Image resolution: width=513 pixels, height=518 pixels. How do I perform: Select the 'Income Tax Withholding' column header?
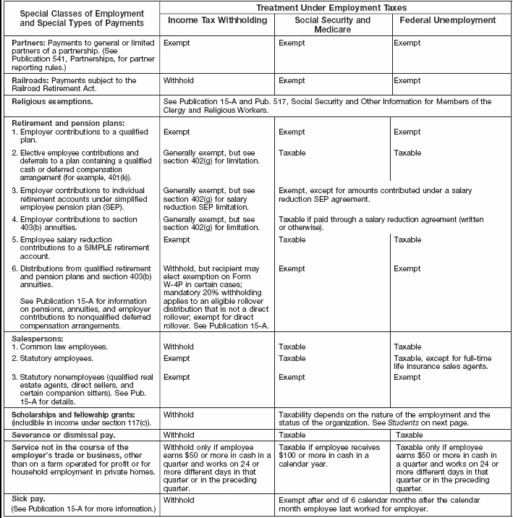tap(217, 20)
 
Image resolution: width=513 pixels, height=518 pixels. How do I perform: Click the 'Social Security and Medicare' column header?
tap(333, 25)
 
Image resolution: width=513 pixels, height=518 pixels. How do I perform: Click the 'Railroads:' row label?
tap(33, 80)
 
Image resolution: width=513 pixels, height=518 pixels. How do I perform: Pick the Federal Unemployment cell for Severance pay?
tap(409, 436)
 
